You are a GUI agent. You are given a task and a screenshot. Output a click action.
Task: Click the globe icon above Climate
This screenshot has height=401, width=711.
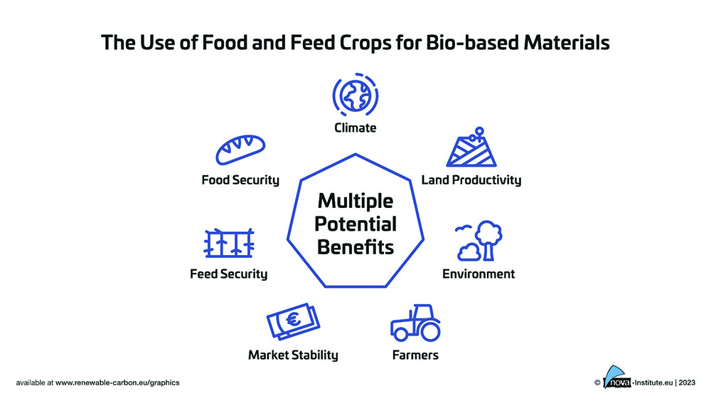(355, 95)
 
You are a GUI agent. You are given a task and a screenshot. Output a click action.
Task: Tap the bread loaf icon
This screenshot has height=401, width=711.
(240, 150)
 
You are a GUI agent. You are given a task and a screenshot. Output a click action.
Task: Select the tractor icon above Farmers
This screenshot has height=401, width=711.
(415, 323)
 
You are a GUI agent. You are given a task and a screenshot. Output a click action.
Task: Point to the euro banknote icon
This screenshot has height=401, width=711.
(293, 321)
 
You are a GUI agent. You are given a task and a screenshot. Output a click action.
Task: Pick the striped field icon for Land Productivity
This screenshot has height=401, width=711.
(471, 147)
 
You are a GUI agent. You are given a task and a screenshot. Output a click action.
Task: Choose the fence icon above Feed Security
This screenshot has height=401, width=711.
(229, 243)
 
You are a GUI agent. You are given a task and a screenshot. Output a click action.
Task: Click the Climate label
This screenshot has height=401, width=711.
(355, 127)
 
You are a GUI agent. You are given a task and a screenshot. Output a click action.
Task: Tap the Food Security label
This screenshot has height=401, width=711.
(240, 180)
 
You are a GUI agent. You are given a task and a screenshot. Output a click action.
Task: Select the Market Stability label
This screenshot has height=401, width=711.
(293, 355)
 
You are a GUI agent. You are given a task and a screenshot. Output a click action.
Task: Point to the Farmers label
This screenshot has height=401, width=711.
(415, 355)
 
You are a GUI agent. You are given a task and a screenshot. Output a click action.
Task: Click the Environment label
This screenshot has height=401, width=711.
(479, 274)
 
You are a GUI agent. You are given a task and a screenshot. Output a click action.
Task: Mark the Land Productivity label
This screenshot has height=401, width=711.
(471, 180)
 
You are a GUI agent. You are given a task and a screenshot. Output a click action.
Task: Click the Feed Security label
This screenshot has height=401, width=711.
(228, 274)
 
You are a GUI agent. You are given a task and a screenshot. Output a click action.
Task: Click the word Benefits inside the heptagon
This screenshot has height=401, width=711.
(355, 247)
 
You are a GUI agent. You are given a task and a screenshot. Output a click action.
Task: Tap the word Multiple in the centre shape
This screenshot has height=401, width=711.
(355, 201)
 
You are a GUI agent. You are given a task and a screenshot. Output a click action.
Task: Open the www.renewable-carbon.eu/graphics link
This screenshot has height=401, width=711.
(117, 382)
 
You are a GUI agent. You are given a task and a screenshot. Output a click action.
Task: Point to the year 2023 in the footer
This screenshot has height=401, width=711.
(687, 382)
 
